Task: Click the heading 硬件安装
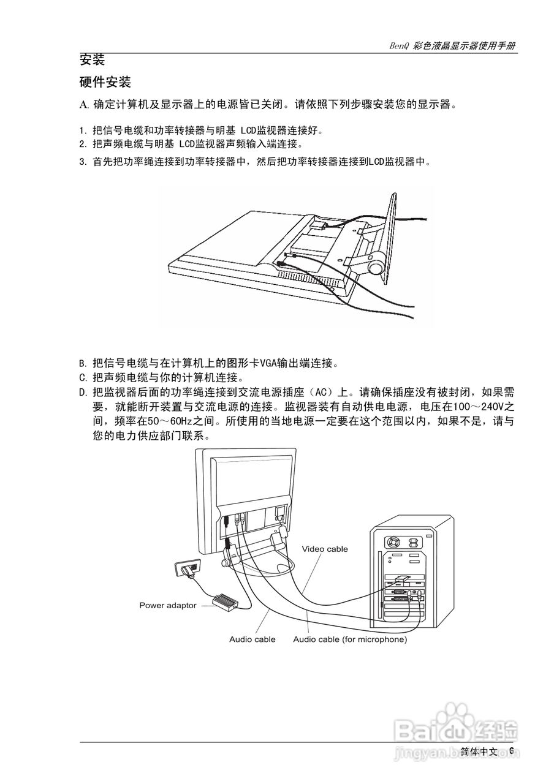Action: [105, 82]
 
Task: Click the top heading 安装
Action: [93, 60]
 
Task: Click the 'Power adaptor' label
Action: [168, 606]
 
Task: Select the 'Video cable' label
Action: [325, 549]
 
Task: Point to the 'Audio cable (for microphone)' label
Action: [350, 639]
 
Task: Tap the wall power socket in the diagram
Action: [188, 570]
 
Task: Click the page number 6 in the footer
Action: [512, 751]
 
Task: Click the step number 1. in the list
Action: [83, 130]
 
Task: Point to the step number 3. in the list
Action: [83, 163]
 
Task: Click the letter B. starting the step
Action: [83, 363]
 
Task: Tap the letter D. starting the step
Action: [83, 392]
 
